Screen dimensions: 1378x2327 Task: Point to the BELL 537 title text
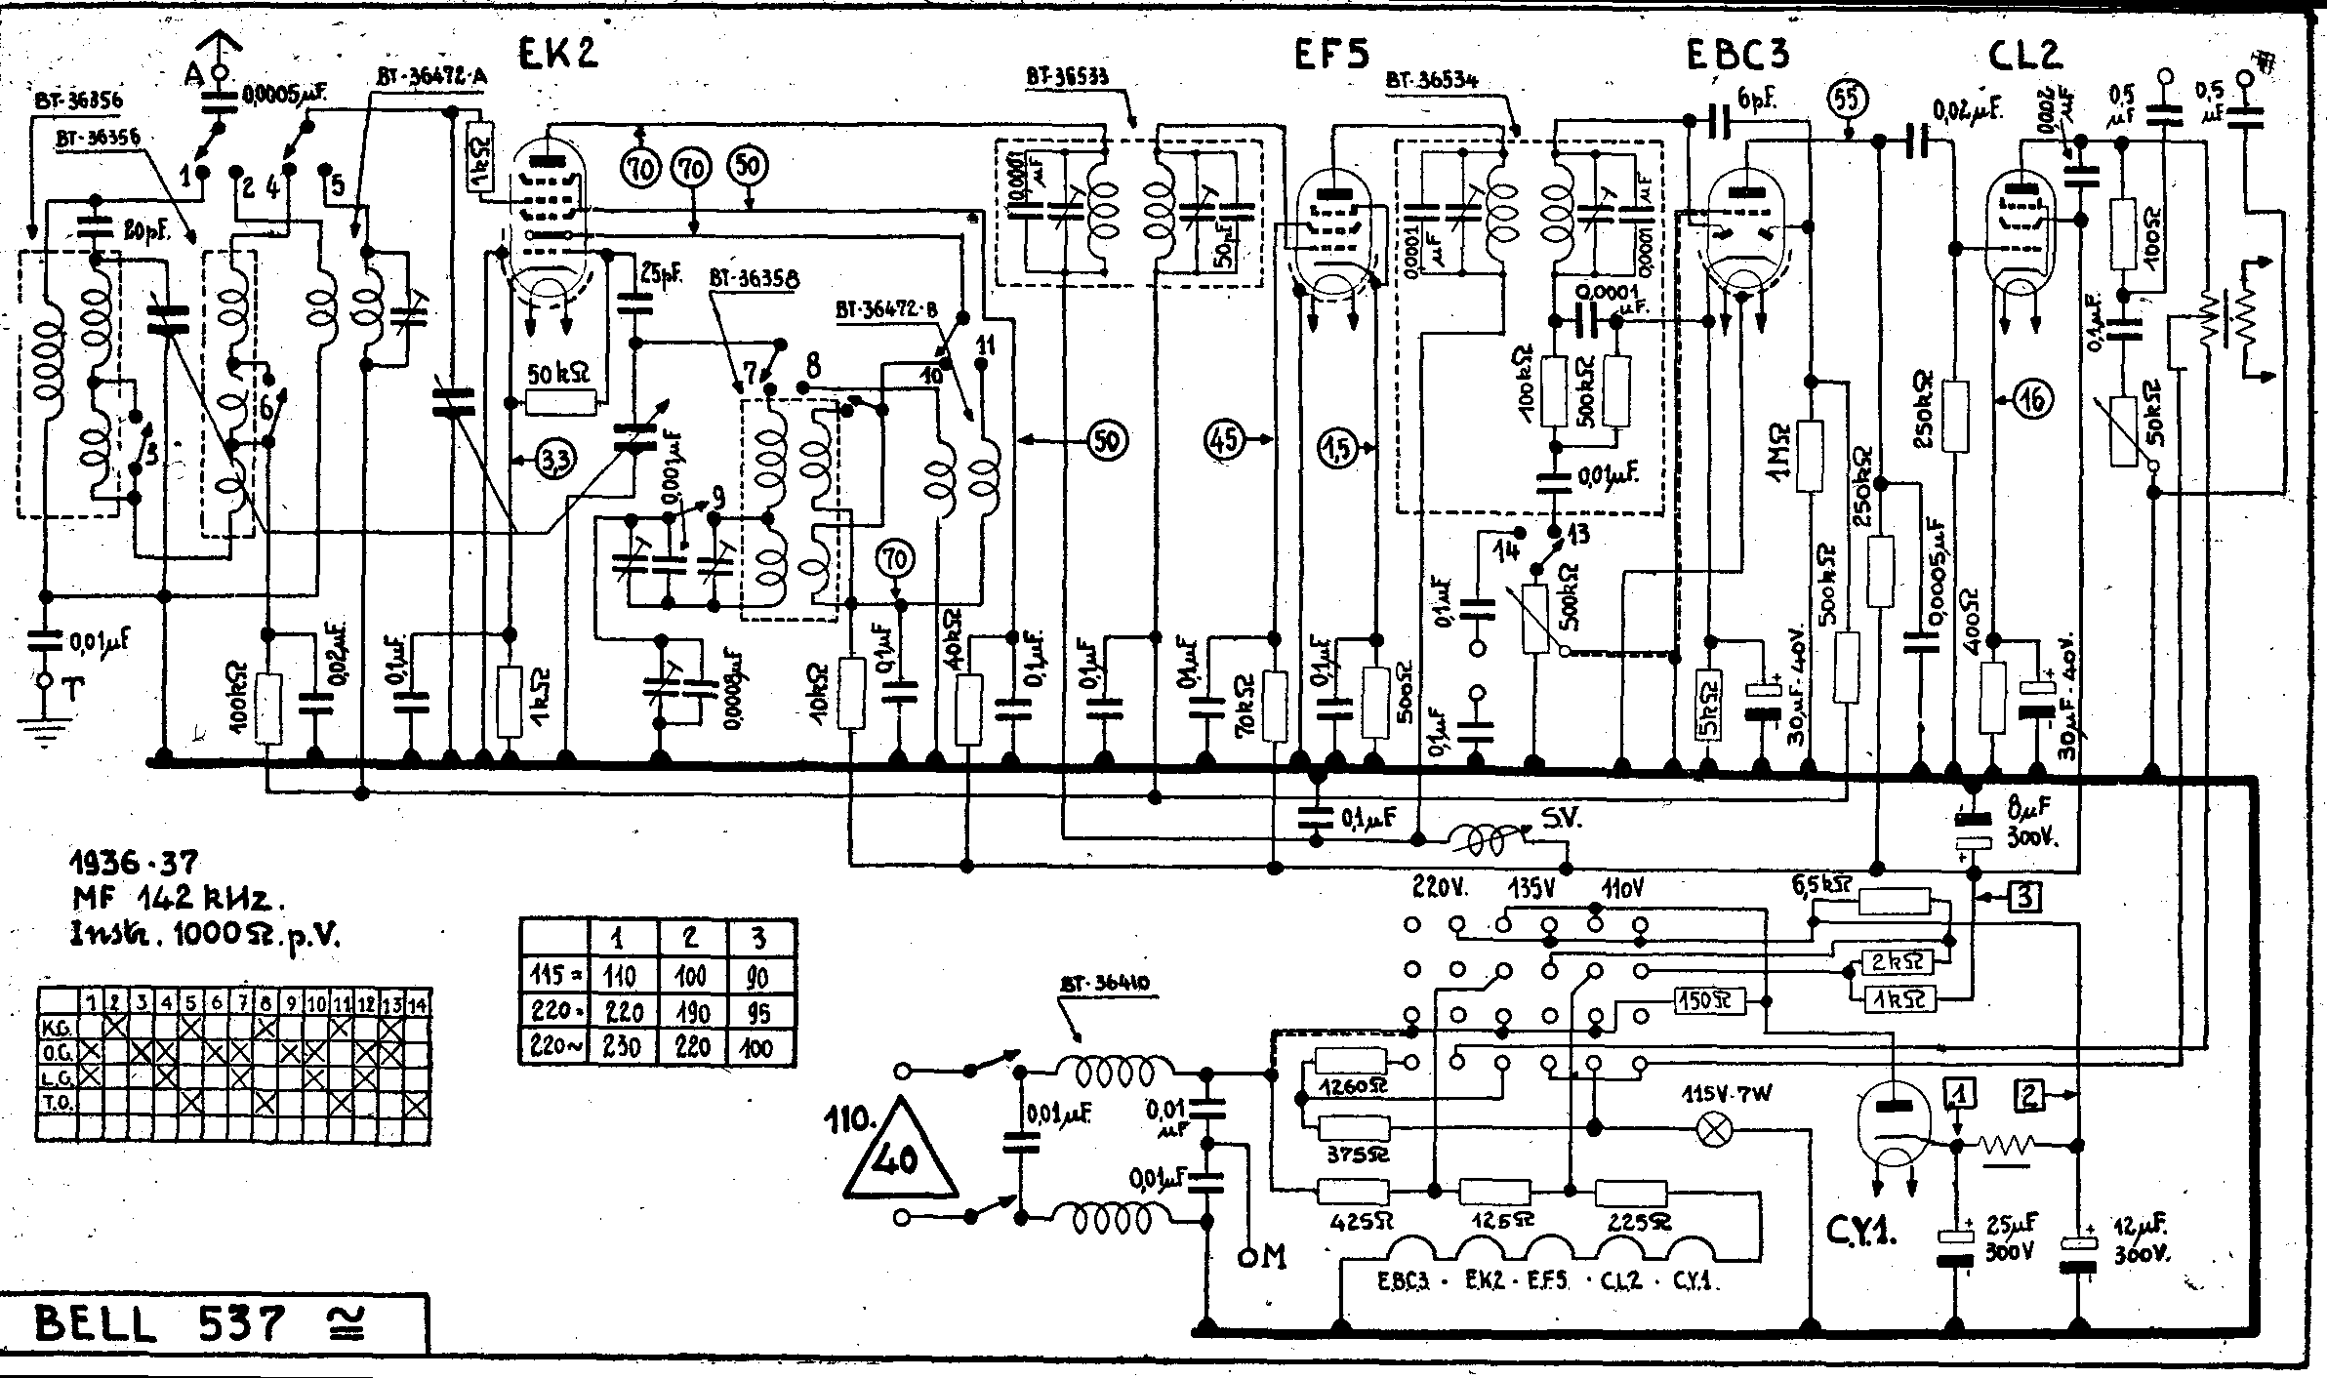(161, 1325)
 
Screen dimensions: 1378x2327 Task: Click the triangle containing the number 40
(899, 1156)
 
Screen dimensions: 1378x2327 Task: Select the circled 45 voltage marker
(1226, 439)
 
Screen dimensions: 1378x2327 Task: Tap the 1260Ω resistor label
(1352, 1085)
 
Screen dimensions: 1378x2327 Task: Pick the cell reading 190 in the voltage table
(691, 1012)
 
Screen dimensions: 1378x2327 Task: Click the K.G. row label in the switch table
(57, 1028)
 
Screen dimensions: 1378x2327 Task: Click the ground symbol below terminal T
(43, 729)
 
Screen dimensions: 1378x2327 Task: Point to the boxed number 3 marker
(2024, 895)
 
